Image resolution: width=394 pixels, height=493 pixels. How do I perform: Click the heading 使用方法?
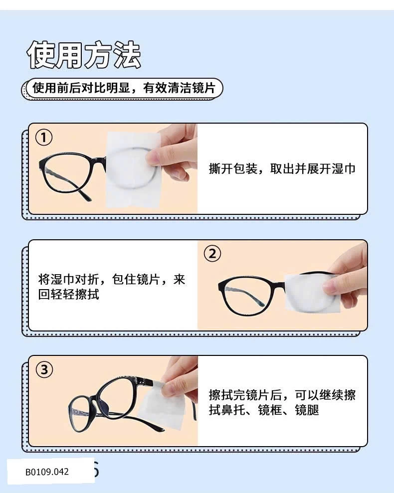84,55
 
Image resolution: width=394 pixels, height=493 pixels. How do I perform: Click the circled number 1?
44,138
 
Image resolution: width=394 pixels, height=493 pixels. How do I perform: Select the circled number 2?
212,253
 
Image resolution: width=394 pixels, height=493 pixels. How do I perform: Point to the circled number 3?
44,369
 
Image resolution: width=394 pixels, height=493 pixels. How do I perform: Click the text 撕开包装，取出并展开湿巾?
282,169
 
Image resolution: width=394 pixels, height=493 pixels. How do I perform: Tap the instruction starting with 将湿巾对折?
112,287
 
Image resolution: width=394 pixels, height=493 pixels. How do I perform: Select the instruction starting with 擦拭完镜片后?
282,402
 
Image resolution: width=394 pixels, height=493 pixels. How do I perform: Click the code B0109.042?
47,472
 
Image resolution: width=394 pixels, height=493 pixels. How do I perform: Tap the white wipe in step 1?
132,170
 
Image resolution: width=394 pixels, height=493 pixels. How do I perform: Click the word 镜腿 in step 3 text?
307,410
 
